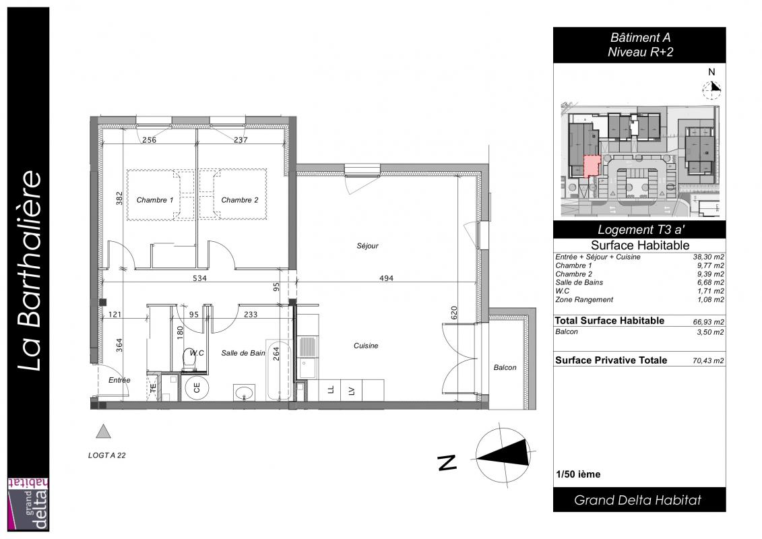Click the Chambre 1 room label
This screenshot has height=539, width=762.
click(x=154, y=199)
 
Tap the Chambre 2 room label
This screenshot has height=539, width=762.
click(x=240, y=199)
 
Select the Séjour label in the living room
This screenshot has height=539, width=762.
click(x=367, y=246)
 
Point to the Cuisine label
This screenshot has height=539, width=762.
click(x=366, y=346)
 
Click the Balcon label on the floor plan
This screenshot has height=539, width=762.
click(x=505, y=367)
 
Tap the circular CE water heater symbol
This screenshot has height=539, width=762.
click(x=197, y=388)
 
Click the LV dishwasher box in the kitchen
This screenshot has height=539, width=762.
click(x=352, y=390)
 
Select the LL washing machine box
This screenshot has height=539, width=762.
click(x=330, y=390)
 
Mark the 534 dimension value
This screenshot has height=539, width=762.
click(x=199, y=278)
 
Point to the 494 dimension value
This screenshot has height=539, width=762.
click(x=386, y=278)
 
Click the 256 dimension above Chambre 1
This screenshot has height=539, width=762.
click(x=149, y=140)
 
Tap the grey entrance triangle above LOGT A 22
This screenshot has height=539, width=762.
click(x=103, y=432)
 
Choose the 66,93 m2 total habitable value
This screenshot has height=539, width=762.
click(x=708, y=322)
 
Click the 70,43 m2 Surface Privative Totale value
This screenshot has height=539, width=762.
click(x=708, y=360)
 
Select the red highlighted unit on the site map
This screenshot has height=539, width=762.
click(x=592, y=166)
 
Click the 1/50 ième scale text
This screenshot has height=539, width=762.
click(x=578, y=474)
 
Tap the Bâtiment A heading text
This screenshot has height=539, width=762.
click(x=640, y=38)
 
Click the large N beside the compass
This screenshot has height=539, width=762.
click(x=447, y=462)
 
